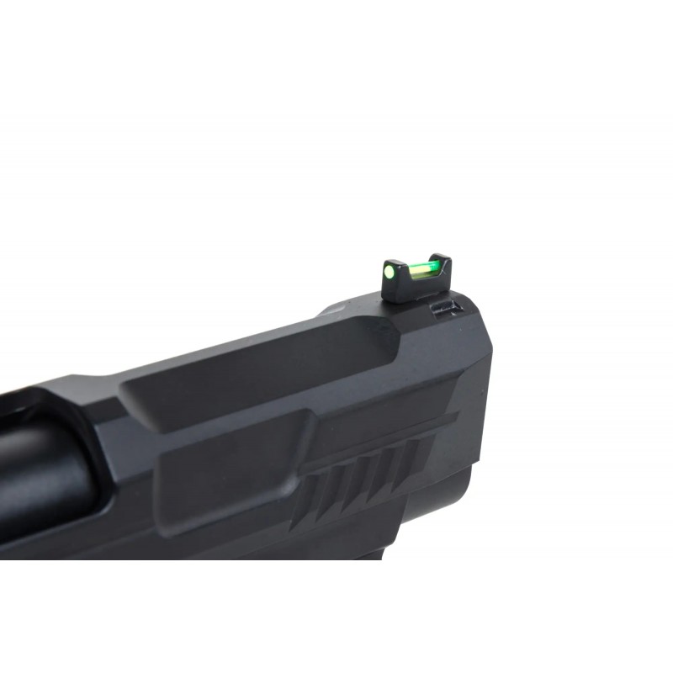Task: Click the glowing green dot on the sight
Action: pos(389,272)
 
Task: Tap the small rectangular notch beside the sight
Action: pos(443,309)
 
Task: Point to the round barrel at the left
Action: pos(42,488)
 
